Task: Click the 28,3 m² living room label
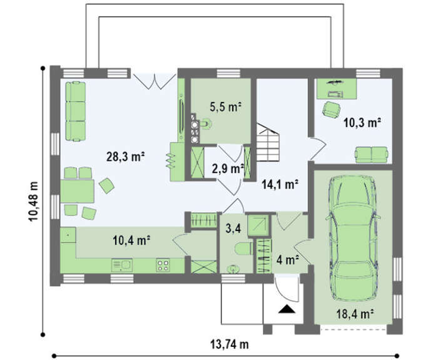click(125, 157)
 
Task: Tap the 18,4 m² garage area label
click(355, 314)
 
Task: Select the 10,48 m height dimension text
click(34, 201)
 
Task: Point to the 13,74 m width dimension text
click(230, 344)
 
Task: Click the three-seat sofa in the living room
click(76, 111)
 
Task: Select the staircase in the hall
click(268, 142)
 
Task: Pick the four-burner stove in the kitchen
click(163, 265)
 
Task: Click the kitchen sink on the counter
click(122, 265)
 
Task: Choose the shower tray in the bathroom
click(258, 225)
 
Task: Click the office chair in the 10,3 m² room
click(332, 110)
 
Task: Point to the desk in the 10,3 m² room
click(337, 89)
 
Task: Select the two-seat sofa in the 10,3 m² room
click(372, 155)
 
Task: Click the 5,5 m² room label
click(225, 107)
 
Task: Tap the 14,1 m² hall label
click(280, 185)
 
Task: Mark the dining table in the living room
click(77, 191)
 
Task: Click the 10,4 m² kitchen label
click(131, 240)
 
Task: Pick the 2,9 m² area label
click(228, 169)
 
